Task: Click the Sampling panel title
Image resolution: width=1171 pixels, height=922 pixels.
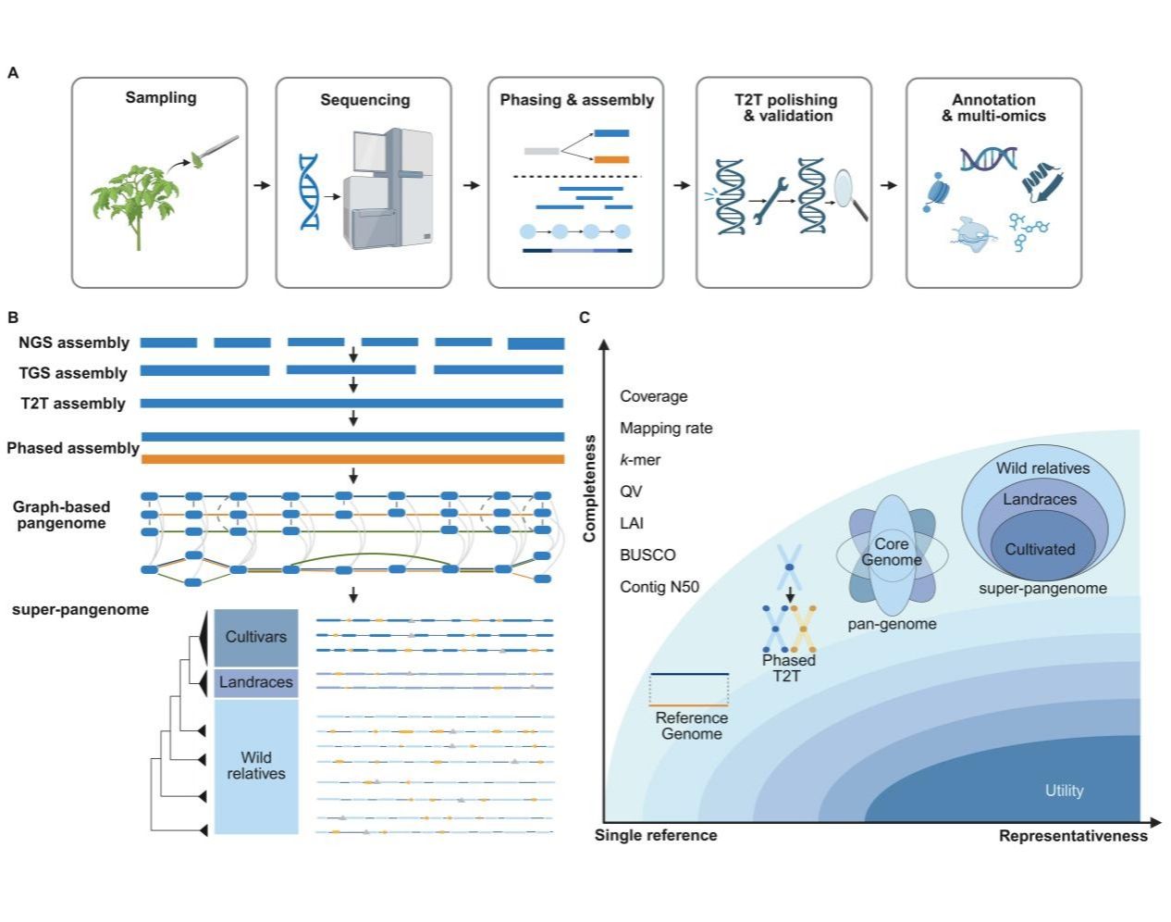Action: point(161,97)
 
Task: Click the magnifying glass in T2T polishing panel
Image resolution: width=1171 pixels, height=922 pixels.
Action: point(849,193)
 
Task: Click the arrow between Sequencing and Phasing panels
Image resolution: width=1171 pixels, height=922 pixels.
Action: point(471,185)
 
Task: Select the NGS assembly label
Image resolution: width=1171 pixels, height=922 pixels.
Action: point(74,343)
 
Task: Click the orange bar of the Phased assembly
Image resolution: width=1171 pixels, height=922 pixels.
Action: point(352,459)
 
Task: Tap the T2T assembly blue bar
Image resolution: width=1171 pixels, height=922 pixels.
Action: point(352,404)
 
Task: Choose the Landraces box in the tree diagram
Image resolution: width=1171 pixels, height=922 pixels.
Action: point(255,682)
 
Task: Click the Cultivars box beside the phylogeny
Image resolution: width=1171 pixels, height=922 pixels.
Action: point(255,637)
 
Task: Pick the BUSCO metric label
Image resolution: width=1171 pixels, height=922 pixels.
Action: point(647,554)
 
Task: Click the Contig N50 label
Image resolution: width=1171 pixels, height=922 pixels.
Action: point(659,587)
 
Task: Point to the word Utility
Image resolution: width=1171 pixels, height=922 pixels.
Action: point(1064,791)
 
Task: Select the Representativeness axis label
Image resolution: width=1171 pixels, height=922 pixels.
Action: point(1073,836)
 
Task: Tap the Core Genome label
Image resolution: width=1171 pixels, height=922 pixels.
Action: point(892,552)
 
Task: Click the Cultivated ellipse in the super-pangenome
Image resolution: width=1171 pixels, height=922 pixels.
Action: point(1041,549)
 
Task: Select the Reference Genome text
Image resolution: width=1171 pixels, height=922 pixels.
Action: point(692,726)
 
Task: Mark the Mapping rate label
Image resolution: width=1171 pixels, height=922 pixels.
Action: point(666,428)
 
